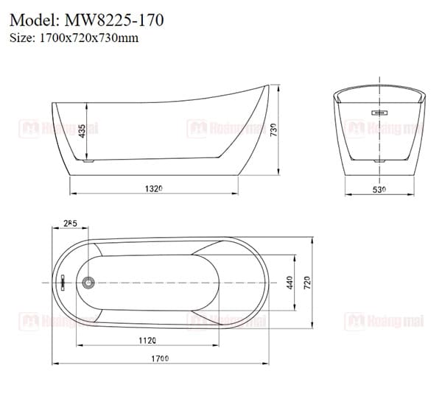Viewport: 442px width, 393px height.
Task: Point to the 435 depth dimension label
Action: coord(83,130)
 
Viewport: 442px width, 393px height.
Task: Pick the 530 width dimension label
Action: coord(379,189)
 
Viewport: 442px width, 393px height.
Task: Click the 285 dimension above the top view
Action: coord(71,222)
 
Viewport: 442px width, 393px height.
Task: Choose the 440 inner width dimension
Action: coord(290,282)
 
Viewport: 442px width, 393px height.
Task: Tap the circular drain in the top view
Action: coord(89,283)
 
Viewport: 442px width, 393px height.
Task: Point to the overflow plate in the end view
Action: coord(379,113)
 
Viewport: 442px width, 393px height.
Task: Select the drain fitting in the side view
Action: coord(90,157)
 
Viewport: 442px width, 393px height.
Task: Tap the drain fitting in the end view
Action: coord(379,158)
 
